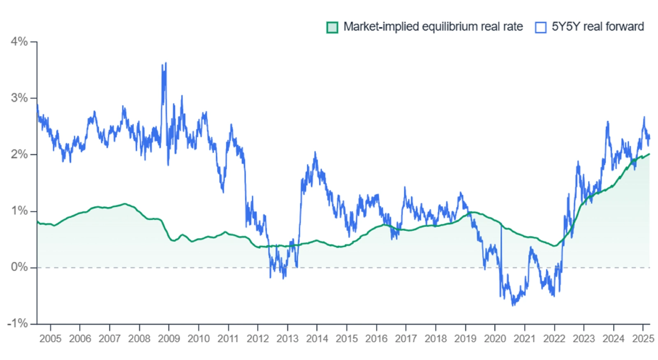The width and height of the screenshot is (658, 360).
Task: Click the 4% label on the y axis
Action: tap(19, 42)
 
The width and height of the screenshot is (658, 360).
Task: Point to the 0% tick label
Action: tap(19, 267)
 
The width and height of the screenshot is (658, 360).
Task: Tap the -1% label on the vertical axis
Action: tap(17, 323)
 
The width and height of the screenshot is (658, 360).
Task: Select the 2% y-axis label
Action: tap(19, 155)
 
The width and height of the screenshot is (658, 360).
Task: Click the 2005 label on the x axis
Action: tap(50, 339)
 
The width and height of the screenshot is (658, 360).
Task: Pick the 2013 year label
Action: tap(287, 339)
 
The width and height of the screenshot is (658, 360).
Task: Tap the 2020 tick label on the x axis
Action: tap(495, 339)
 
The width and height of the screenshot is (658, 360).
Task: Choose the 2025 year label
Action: tap(643, 339)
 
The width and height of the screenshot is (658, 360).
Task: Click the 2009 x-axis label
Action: tap(169, 339)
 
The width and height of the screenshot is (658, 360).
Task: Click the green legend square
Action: tap(332, 27)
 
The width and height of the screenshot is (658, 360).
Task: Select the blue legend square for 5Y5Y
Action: tap(540, 27)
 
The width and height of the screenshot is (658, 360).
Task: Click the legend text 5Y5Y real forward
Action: tap(598, 27)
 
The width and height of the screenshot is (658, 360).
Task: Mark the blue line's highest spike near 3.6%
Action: tap(165, 63)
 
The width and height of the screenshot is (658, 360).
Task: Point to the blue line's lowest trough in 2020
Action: tap(513, 305)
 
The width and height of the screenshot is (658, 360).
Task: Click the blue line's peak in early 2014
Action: tap(315, 152)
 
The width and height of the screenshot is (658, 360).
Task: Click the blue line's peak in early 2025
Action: tap(644, 117)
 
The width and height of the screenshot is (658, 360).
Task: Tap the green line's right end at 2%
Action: tap(649, 154)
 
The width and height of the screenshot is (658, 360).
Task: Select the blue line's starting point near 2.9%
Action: tap(37, 105)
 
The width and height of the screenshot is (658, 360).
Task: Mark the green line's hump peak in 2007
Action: tap(125, 204)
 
